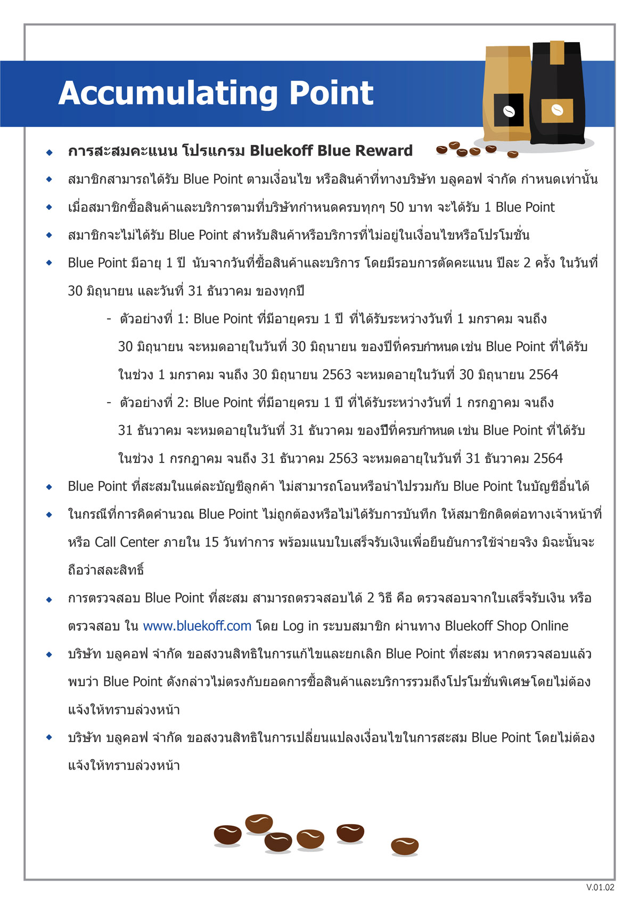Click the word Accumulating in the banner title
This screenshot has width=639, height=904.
pos(168,94)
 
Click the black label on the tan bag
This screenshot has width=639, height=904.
pos(508,110)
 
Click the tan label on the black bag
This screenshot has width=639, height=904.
pos(557,110)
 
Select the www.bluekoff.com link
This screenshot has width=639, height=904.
pos(197,626)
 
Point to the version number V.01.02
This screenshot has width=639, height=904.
pos(600,887)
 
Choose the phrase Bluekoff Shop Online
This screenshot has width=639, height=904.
pos(506,626)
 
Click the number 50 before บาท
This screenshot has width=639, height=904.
pos(397,207)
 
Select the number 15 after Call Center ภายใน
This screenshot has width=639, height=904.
pos(211,542)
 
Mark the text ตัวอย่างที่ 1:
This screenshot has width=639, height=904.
pos(154,319)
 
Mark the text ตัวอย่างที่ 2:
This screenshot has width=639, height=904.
pos(154,402)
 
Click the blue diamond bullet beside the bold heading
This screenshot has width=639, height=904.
pos(50,152)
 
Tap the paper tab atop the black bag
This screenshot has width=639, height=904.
pos(557,52)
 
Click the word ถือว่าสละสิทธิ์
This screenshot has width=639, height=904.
pos(106,570)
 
